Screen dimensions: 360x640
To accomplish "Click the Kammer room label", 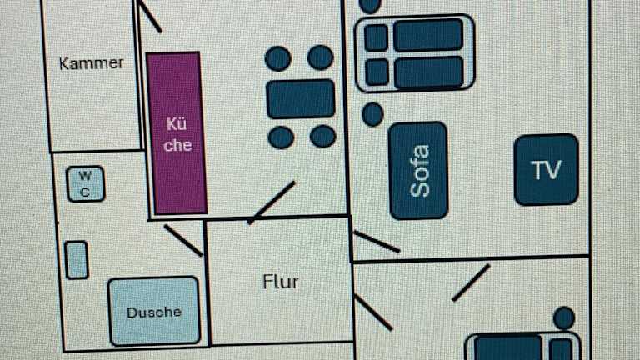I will coord(92,63).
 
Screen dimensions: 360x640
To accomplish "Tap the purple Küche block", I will coord(177,133).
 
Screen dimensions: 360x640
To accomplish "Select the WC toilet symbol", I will coord(85,184).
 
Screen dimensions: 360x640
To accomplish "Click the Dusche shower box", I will coord(154,311).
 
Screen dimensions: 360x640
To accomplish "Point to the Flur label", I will coord(280,282).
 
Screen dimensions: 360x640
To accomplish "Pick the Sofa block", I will coord(418,171).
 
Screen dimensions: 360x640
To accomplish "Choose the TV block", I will coord(546,170).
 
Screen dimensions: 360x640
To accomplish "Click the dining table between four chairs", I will coord(301,98).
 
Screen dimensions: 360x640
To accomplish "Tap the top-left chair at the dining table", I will coord(278,58).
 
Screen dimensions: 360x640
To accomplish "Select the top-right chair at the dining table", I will coord(321,57).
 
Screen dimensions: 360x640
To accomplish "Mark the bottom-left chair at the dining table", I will coord(282,137).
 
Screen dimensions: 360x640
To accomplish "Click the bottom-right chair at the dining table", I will coord(322,136).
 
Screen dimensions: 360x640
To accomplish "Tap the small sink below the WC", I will coord(77,259).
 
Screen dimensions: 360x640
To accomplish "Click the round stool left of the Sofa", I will coord(372,113).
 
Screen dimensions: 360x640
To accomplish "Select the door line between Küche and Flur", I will coord(272,202).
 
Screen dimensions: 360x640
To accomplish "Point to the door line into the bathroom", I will coord(183,240).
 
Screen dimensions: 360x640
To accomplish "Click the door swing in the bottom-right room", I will coord(471,282).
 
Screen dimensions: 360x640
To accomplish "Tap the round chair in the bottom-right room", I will coord(564,317).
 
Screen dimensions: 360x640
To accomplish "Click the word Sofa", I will coord(420,171).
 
